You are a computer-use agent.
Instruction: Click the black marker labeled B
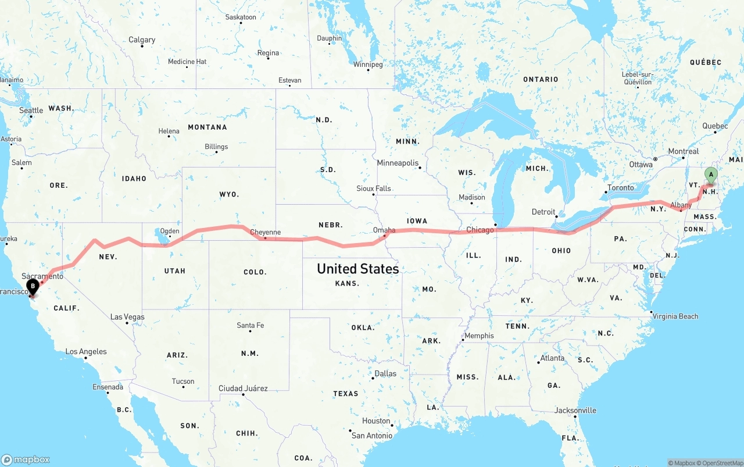33,286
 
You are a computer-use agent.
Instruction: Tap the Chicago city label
480,230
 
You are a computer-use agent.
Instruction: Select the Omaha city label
384,230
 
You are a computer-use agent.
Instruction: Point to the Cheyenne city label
265,232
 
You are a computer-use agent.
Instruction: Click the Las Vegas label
127,317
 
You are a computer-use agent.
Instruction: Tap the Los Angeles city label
86,351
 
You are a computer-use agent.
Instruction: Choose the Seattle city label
31,110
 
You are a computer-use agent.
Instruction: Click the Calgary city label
142,40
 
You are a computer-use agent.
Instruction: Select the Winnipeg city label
368,64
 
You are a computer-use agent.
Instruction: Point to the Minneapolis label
398,163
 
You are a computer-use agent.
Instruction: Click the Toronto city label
620,188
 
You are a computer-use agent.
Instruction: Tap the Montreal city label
683,151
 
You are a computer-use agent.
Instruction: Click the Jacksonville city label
575,410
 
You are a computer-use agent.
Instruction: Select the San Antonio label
371,436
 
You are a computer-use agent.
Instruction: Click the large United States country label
357,269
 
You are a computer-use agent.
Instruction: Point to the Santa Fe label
250,325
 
